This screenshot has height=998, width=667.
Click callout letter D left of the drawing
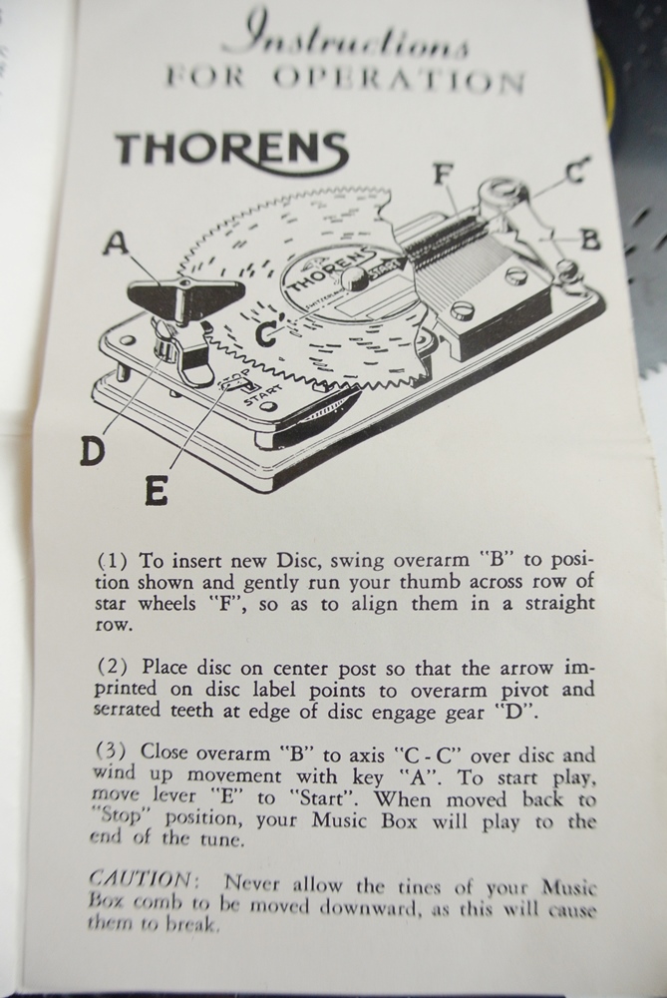pyautogui.click(x=92, y=452)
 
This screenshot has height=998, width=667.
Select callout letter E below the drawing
pyautogui.click(x=156, y=490)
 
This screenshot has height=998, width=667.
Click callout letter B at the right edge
pyautogui.click(x=590, y=239)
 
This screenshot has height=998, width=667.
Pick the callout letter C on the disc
pyautogui.click(x=265, y=334)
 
